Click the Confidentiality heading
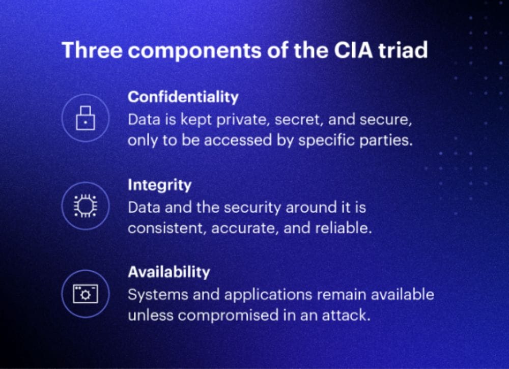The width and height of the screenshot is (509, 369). [x=183, y=97]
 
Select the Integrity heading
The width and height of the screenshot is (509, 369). [x=160, y=185]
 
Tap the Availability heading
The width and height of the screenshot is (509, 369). [x=169, y=272]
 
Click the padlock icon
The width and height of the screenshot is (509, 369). [x=86, y=118]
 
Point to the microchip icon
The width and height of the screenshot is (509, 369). [x=86, y=206]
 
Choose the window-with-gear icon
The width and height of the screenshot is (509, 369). [x=86, y=294]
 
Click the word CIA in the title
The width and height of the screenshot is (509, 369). [x=353, y=50]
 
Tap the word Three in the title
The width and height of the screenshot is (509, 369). [x=92, y=50]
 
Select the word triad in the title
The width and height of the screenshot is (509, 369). [x=403, y=50]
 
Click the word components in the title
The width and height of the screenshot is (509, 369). [x=194, y=51]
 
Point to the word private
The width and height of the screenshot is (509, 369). [x=243, y=120]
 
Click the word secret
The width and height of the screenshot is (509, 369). [x=299, y=120]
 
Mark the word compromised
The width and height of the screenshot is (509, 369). [x=228, y=316]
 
